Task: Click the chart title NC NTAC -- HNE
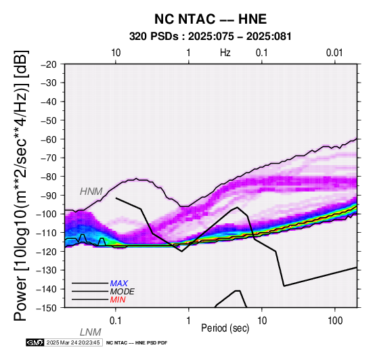pos(211,19)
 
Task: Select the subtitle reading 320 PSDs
pos(154,37)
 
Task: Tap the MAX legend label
pos(119,284)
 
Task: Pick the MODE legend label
pos(123,292)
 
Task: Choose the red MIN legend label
pos(118,300)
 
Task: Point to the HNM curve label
pos(91,192)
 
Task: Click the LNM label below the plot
pos(91,332)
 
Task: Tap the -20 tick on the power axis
pos(48,64)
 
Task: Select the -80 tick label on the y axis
pos(48,177)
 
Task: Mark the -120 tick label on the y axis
pos(46,251)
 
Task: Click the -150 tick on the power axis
pos(46,308)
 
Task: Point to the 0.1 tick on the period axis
pos(116,321)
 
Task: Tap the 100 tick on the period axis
pos(335,321)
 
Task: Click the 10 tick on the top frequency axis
pos(116,53)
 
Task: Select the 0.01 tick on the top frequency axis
pos(334,53)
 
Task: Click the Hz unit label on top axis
pos(225,53)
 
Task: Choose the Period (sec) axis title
pos(225,328)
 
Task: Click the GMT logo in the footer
pos(35,342)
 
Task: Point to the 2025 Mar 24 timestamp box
pos(73,342)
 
